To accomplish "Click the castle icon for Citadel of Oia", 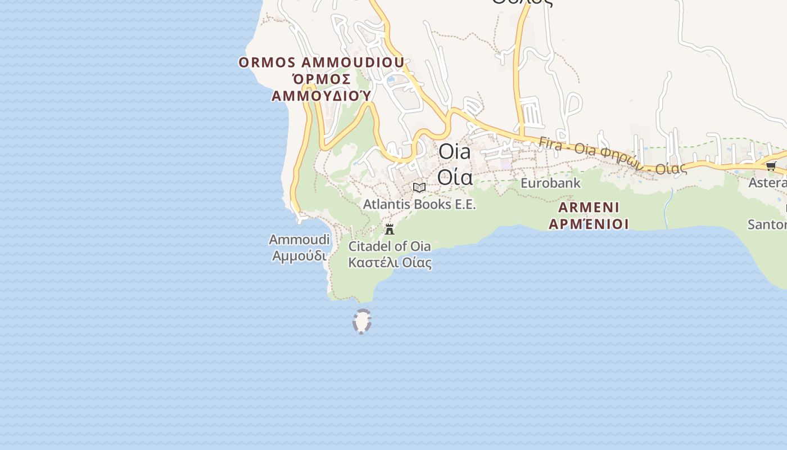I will tap(389, 229).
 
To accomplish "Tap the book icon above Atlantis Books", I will tap(419, 187).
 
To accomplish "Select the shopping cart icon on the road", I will tap(771, 165).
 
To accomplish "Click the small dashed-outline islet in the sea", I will tap(361, 321).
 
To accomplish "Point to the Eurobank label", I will tap(550, 183).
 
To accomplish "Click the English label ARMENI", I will tap(589, 206).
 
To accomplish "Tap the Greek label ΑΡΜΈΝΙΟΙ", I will tap(589, 224).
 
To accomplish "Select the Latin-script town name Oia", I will tap(454, 151).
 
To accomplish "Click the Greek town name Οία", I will tap(454, 177).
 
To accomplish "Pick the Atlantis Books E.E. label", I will tap(419, 204).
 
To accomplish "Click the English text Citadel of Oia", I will tap(390, 246).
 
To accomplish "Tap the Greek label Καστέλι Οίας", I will tap(390, 262).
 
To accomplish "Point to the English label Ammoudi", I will tap(299, 240).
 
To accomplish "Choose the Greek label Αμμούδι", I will tap(299, 255).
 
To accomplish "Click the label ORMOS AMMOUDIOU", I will tap(321, 62).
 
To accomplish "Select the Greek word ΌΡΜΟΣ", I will tap(322, 78).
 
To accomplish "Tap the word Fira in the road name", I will tap(550, 142).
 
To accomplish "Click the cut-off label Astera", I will tap(767, 183).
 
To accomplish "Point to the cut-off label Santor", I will tap(767, 224).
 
